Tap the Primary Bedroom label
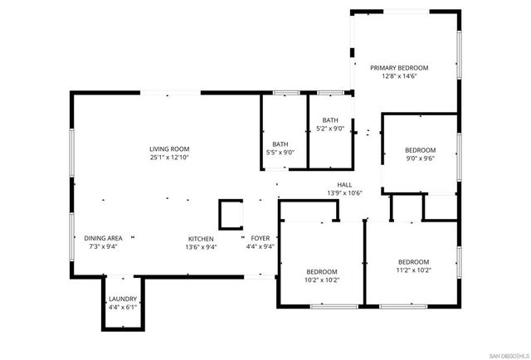[x=399, y=67]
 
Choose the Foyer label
[x=260, y=238]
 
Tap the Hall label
[x=345, y=184]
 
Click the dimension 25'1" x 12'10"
[x=169, y=157]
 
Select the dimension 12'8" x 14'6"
[x=399, y=75]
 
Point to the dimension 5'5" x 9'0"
[x=280, y=152]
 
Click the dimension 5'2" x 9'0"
[x=330, y=128]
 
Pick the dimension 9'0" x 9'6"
[x=420, y=158]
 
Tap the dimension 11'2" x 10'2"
[x=413, y=269]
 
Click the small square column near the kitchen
[x=230, y=214]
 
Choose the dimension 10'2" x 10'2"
[x=321, y=280]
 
